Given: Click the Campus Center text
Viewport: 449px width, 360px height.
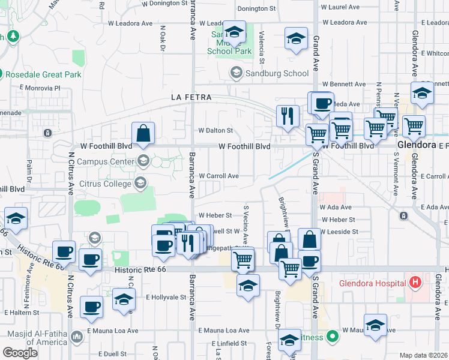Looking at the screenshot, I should (110, 161).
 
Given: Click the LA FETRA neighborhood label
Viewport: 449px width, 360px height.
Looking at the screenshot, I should (188, 97).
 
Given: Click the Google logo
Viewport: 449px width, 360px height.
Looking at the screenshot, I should (20, 353).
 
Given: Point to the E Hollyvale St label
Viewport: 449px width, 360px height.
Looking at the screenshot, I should (166, 297).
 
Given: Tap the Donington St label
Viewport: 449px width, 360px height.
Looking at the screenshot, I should (256, 9).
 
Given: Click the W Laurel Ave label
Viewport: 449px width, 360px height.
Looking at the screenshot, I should (340, 8).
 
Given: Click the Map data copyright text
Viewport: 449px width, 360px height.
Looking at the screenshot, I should (424, 355).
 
